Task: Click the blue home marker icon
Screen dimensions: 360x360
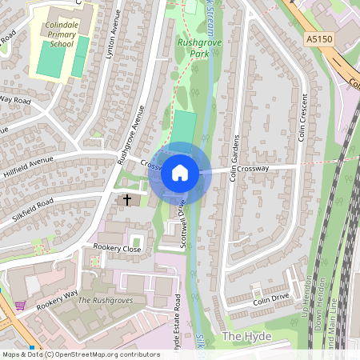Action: (x=180, y=172)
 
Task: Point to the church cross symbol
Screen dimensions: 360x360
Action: (x=126, y=198)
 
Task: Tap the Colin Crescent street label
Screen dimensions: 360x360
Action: (x=302, y=117)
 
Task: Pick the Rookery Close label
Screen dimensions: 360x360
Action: (x=117, y=249)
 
